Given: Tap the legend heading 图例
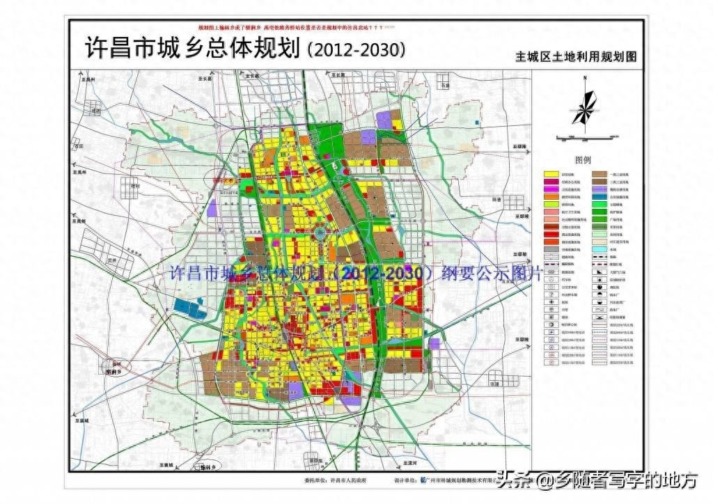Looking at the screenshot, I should pos(583,159).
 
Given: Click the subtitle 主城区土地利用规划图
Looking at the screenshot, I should pos(576,57).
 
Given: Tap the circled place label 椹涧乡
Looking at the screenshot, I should pos(114,372).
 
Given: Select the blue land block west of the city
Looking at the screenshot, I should pos(189,308).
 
